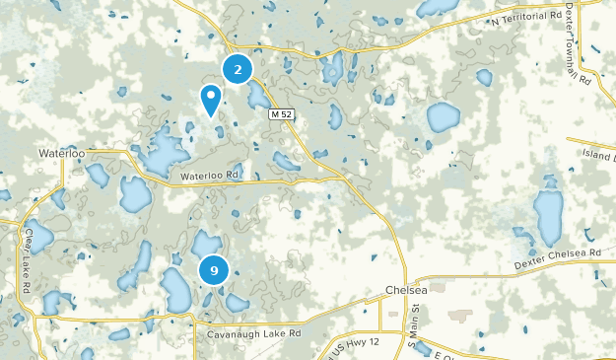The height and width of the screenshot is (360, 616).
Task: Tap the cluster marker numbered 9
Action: (213, 269)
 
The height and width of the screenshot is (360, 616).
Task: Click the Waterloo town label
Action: (62, 154)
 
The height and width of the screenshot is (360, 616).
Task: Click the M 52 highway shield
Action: (282, 114)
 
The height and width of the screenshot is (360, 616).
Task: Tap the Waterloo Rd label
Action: (209, 177)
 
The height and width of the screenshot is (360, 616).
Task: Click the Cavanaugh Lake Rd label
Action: (253, 334)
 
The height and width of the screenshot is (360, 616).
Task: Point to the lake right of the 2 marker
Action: (259, 95)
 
